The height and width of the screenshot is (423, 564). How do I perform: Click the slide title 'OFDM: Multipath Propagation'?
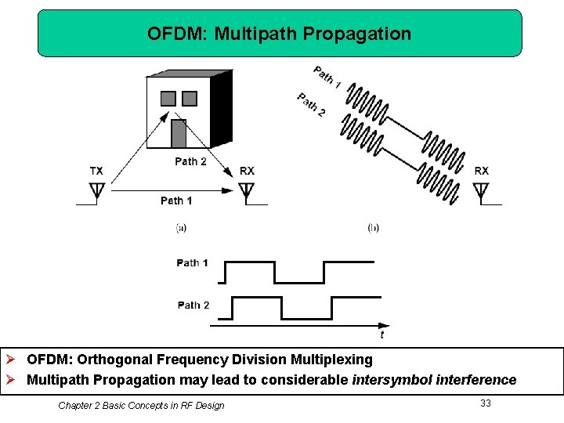(279, 34)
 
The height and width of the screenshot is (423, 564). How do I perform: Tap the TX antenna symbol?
(96, 191)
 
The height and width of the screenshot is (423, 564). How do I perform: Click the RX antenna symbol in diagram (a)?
(246, 191)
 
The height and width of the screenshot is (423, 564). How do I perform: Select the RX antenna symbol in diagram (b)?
(481, 191)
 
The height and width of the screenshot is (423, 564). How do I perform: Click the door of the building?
(179, 133)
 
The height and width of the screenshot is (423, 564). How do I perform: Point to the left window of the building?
(168, 98)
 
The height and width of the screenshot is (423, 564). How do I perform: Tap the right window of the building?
(189, 98)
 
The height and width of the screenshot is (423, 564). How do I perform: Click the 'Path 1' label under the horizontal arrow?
(176, 201)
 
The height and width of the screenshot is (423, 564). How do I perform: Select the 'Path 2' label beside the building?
(190, 161)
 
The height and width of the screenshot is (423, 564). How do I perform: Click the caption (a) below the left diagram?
(180, 228)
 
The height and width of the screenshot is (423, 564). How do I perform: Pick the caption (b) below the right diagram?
(373, 228)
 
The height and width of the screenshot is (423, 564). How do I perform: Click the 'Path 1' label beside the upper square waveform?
(193, 262)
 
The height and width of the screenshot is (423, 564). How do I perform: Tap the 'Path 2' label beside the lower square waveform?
(193, 305)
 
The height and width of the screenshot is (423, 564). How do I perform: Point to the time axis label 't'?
(381, 334)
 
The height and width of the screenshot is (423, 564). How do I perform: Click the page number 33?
(485, 403)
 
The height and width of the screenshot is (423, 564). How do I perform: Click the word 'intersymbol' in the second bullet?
(389, 380)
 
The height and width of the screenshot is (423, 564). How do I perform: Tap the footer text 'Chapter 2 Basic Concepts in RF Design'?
(141, 406)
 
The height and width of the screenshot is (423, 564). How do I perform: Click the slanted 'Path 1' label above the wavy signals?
(327, 76)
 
